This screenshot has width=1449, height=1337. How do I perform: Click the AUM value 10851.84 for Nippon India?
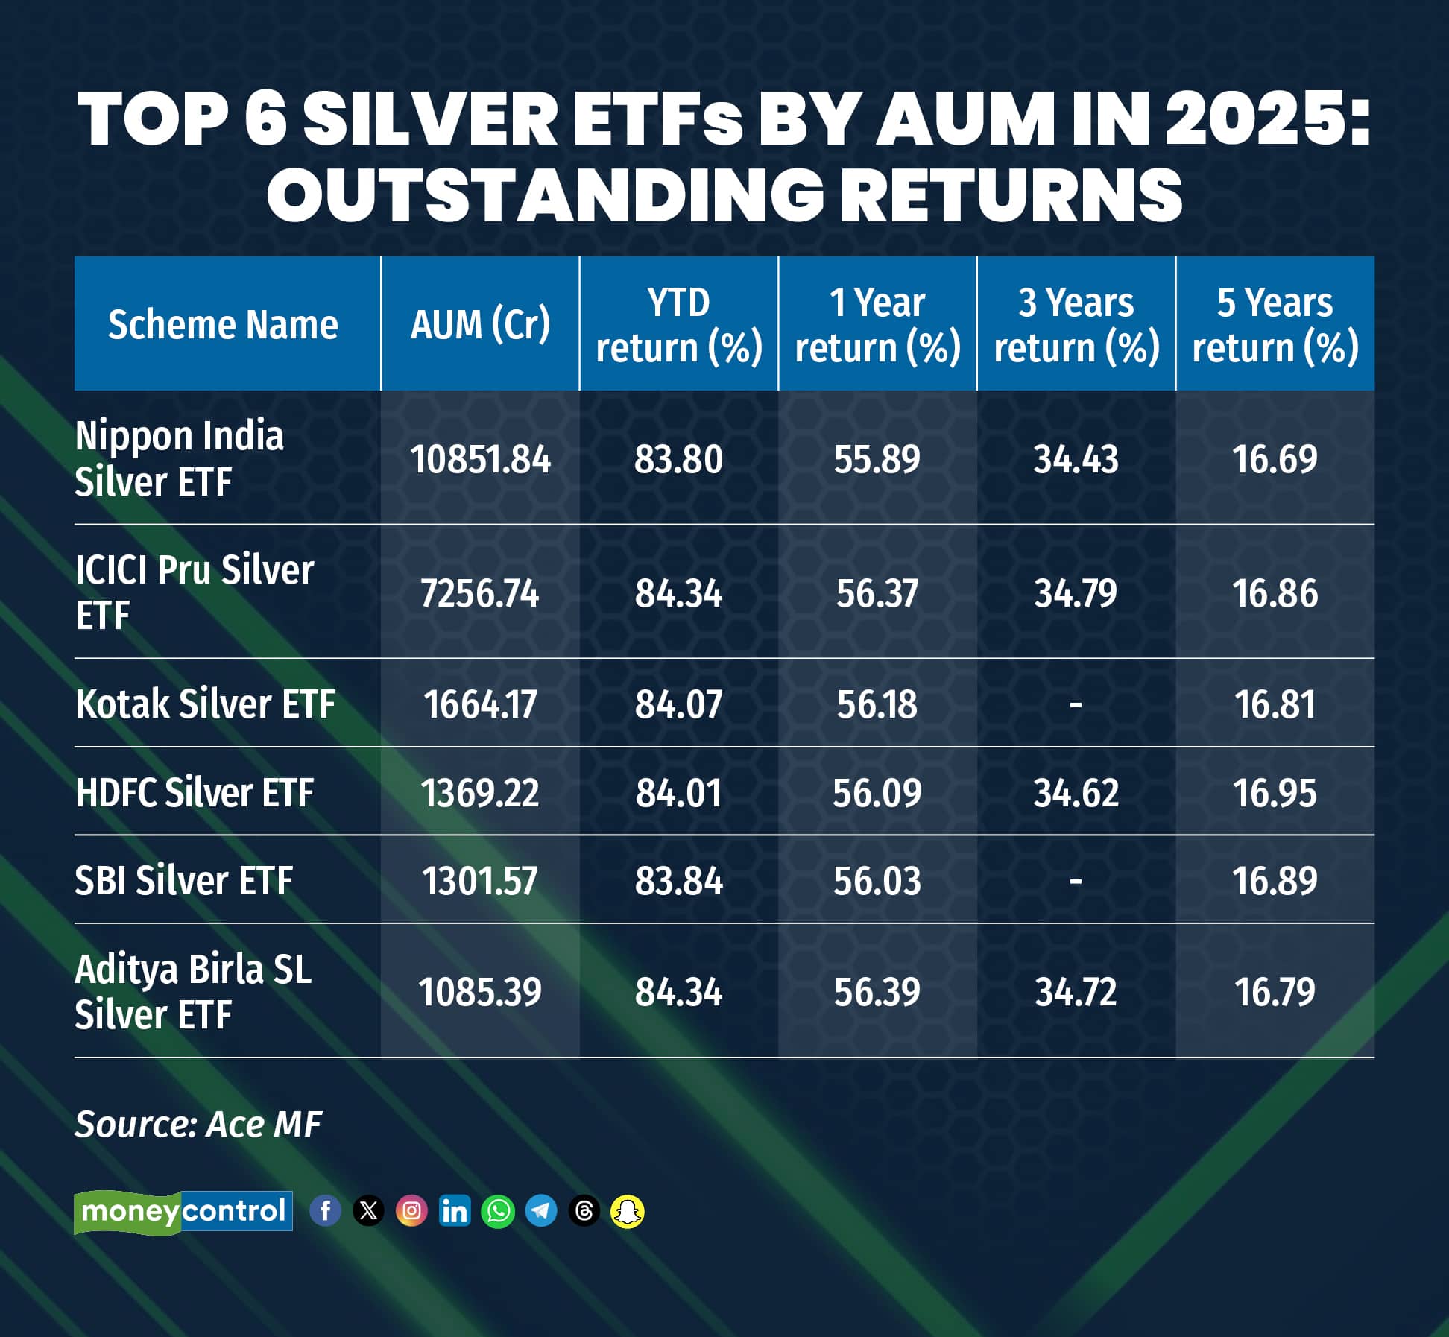[480, 458]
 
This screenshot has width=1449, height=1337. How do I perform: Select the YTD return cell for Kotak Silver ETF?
[678, 704]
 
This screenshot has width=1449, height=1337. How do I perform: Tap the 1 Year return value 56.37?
[877, 594]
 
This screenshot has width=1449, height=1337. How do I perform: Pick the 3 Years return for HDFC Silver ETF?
[1076, 792]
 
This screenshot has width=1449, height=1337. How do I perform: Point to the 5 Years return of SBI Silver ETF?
[1275, 881]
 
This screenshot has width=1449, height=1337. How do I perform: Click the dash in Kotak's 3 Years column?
[1076, 704]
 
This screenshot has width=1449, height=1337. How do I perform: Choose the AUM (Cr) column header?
[480, 324]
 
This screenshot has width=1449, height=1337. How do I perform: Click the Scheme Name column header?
[223, 324]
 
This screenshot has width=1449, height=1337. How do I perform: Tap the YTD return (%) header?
[678, 325]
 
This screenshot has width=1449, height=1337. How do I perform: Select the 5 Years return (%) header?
[1275, 325]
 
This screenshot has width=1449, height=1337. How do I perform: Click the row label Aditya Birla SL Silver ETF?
[192, 991]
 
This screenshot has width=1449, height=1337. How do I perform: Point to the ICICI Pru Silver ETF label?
[194, 592]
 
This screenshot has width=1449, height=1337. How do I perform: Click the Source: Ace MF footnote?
[198, 1124]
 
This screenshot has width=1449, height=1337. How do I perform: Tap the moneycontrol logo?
[183, 1211]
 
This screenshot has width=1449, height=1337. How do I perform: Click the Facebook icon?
[325, 1211]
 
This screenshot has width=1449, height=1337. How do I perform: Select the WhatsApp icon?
[498, 1211]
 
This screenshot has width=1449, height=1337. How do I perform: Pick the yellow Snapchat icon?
[628, 1211]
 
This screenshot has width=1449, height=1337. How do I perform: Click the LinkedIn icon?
[455, 1211]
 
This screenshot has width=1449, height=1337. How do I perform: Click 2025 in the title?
[1267, 119]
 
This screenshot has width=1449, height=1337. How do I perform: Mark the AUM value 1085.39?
[480, 992]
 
